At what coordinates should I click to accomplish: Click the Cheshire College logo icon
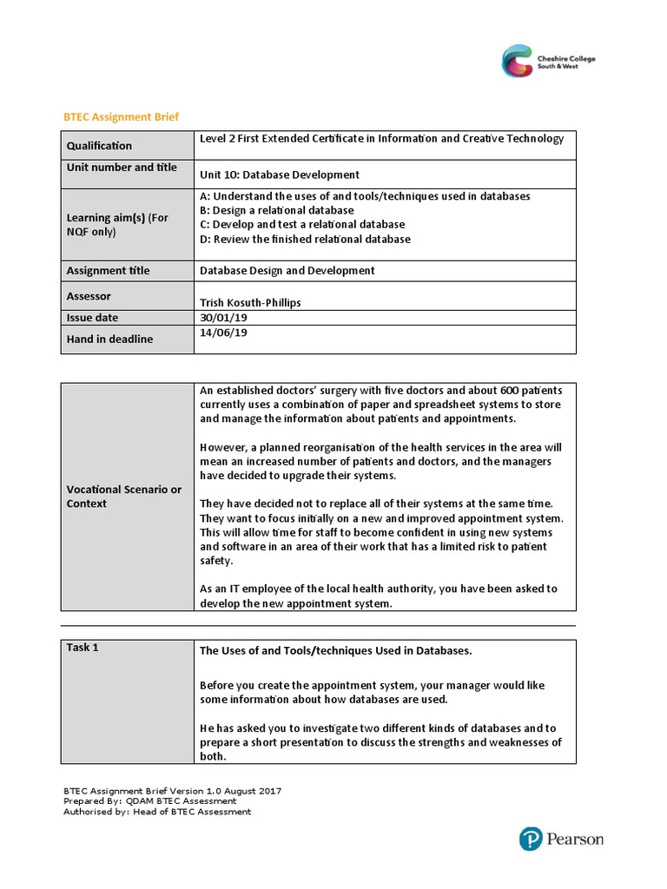pyautogui.click(x=520, y=62)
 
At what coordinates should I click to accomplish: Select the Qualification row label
pyautogui.click(x=99, y=146)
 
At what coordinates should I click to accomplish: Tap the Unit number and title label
pyautogui.click(x=122, y=168)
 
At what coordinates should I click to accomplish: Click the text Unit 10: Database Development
pyautogui.click(x=280, y=175)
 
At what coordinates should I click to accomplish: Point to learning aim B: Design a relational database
pyautogui.click(x=277, y=210)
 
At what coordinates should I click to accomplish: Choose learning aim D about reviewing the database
pyautogui.click(x=305, y=239)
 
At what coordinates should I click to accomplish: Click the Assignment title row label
pyautogui.click(x=108, y=271)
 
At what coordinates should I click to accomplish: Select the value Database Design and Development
pyautogui.click(x=287, y=271)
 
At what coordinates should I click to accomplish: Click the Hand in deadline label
pyautogui.click(x=109, y=339)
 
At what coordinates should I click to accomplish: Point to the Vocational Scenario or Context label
pyautogui.click(x=124, y=497)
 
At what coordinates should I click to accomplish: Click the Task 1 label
pyautogui.click(x=83, y=648)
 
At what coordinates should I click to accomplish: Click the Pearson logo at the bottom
pyautogui.click(x=560, y=840)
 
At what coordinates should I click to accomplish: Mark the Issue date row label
pyautogui.click(x=92, y=318)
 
